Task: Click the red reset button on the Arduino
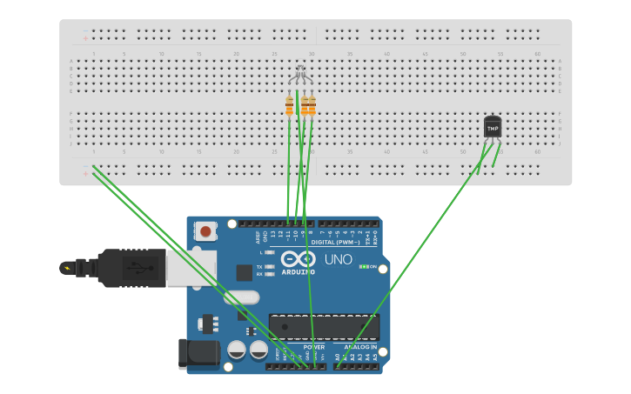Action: tap(205, 230)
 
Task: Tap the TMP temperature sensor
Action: tap(493, 127)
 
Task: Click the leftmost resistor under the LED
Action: tap(289, 107)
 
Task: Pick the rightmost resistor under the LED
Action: tap(312, 107)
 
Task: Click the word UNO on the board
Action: tap(338, 259)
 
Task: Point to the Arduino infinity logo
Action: tap(298, 259)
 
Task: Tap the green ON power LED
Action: tap(364, 266)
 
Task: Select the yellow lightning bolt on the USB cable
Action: tap(67, 267)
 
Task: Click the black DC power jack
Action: tap(198, 353)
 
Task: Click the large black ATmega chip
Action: tap(324, 327)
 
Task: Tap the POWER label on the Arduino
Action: tap(314, 347)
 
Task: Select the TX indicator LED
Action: tap(269, 267)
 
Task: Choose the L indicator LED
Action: tap(269, 252)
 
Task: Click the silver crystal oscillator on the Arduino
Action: tap(241, 297)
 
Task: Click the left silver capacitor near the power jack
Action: tap(236, 350)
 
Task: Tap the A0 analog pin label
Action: tap(338, 357)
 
